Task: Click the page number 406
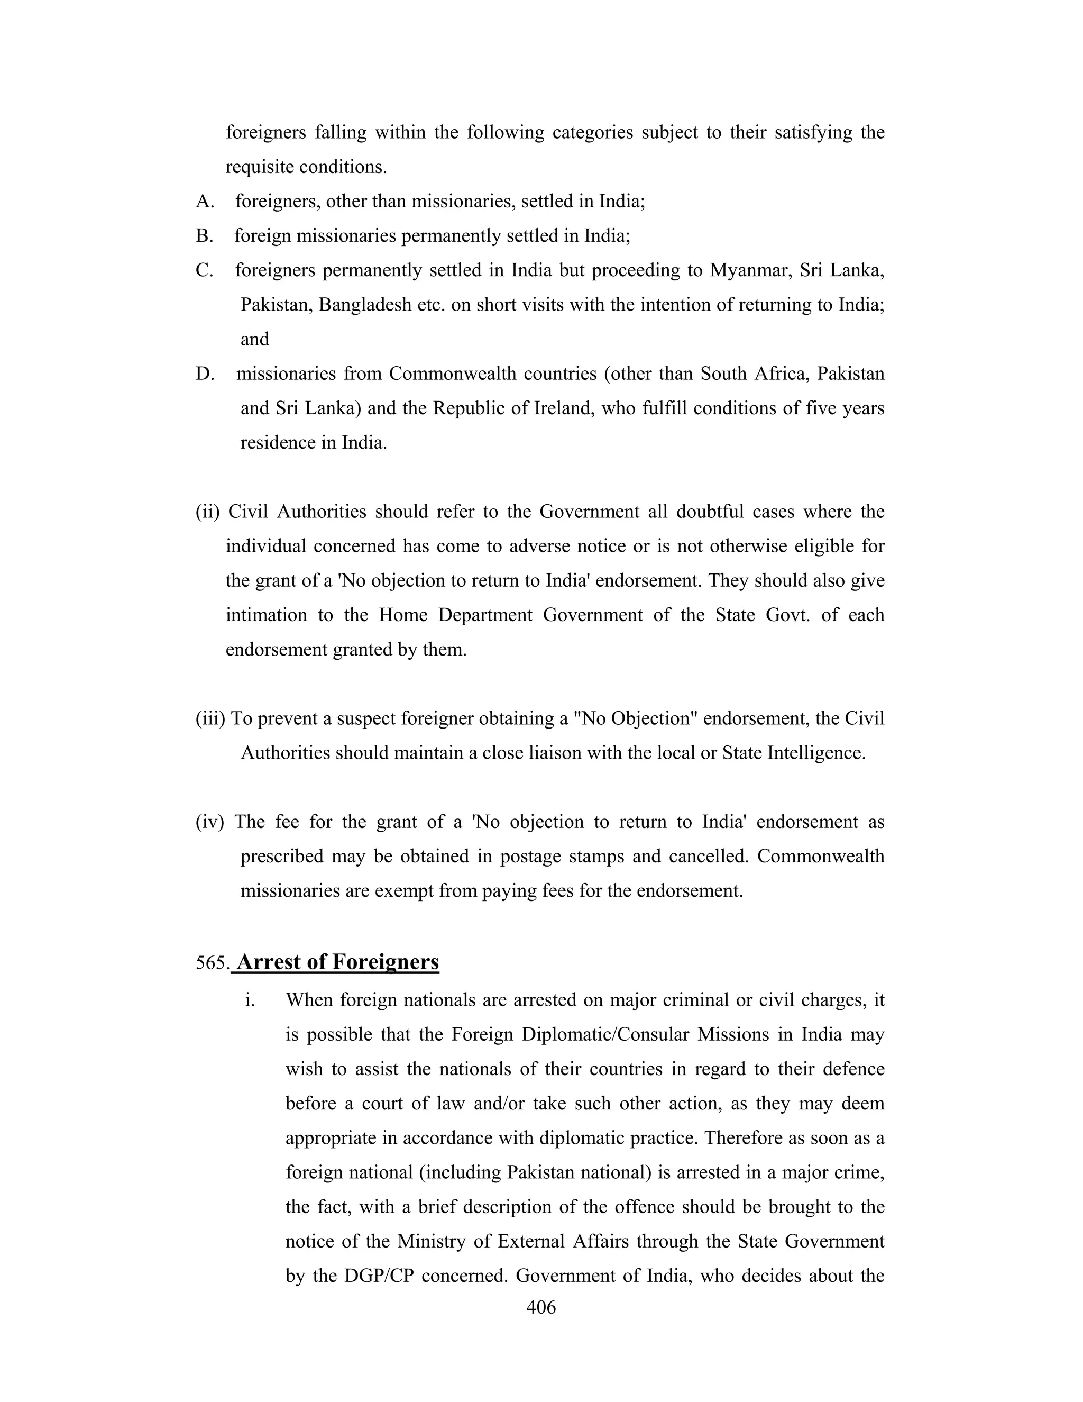click(x=540, y=1306)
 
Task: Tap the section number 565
click(x=212, y=963)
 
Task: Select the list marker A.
click(x=205, y=202)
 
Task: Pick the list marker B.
click(x=204, y=236)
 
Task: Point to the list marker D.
click(x=205, y=374)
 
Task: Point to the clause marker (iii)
click(x=210, y=718)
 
